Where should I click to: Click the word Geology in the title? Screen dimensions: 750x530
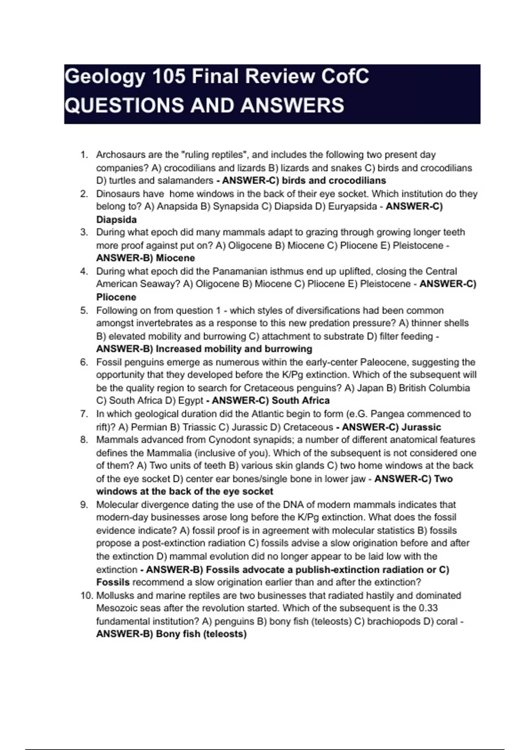tap(104, 77)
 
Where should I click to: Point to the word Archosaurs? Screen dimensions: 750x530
tap(117, 155)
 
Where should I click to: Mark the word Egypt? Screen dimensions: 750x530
tap(190, 401)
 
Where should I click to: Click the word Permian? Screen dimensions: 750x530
tap(149, 427)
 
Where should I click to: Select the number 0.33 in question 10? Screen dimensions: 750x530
tap(428, 608)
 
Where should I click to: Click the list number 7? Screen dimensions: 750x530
tap(84, 414)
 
